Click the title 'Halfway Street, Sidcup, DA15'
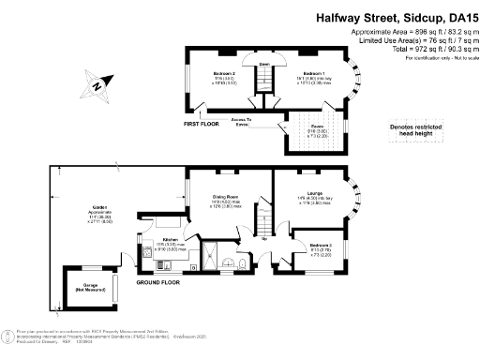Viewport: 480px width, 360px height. tap(395, 17)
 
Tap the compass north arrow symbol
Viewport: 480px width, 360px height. tap(96, 86)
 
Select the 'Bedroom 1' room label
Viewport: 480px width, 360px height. tap(314, 74)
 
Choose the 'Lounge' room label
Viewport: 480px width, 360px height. tap(315, 194)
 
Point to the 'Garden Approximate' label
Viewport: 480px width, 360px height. tap(99, 207)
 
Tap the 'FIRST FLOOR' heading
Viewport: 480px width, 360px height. tap(201, 124)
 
